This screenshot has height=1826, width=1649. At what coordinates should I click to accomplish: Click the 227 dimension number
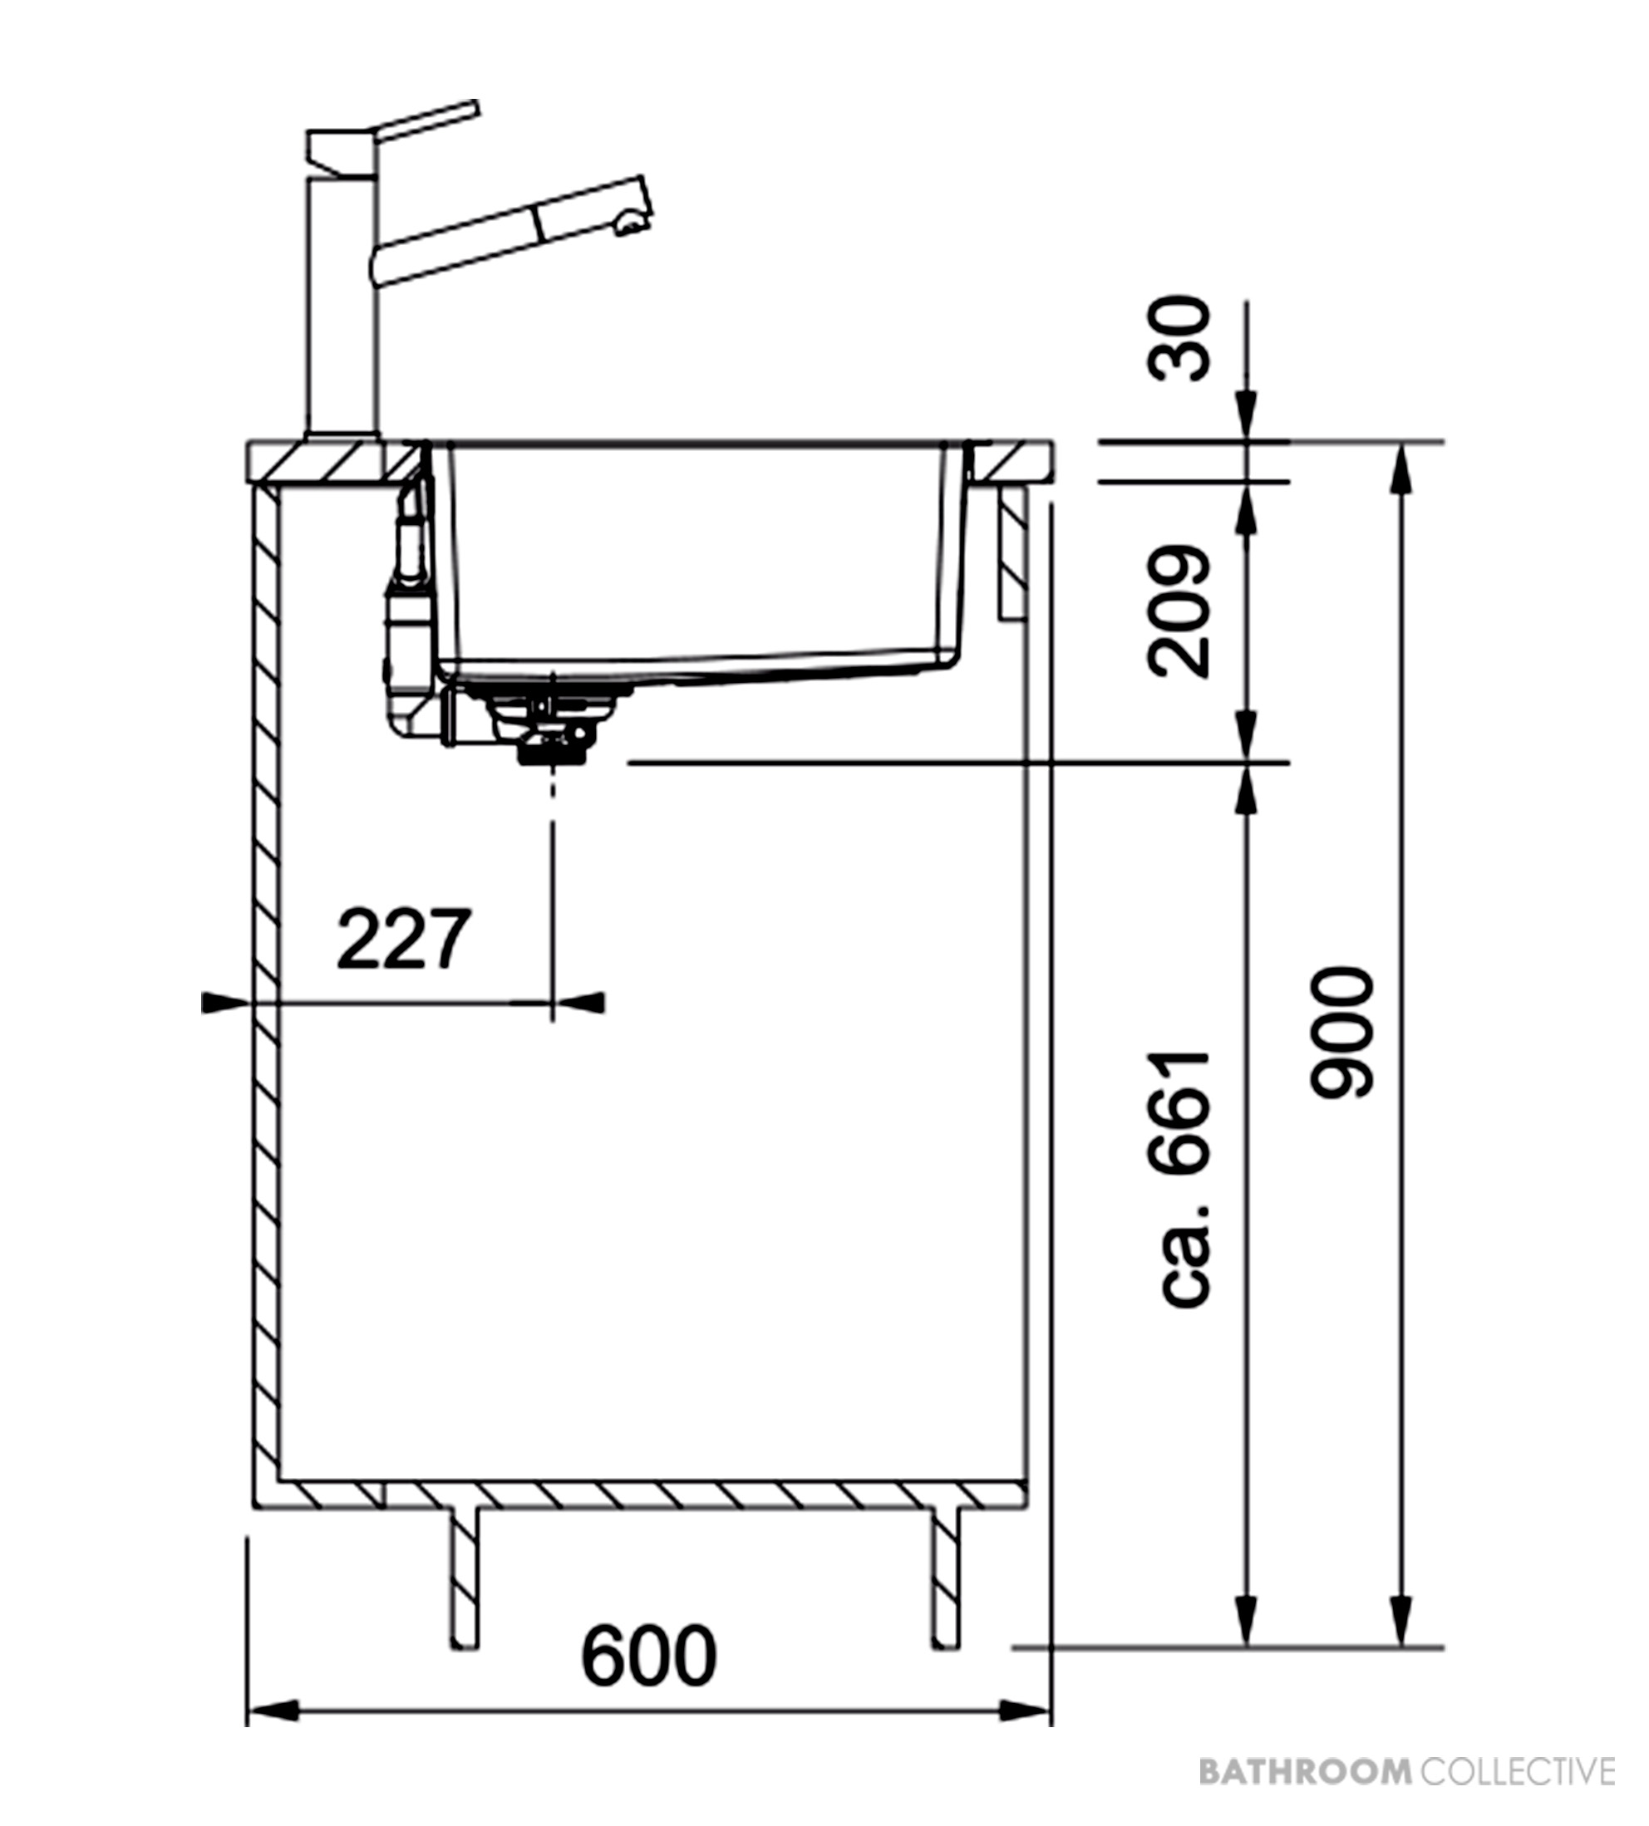(x=404, y=940)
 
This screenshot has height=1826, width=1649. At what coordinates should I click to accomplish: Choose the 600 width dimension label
(x=649, y=1657)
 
